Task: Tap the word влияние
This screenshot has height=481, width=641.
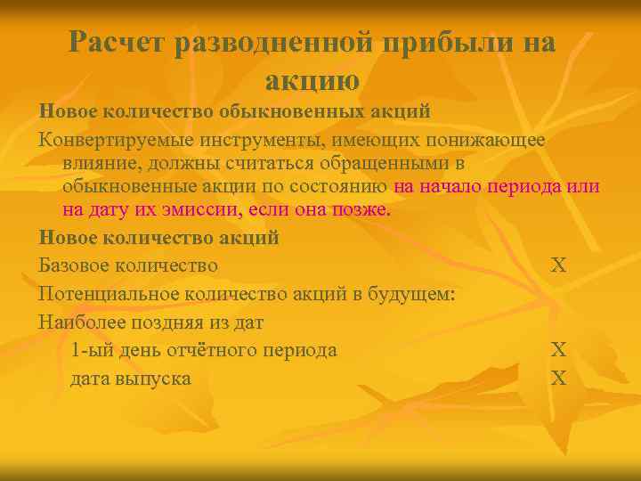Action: click(x=99, y=164)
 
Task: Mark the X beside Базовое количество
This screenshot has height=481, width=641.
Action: click(x=558, y=265)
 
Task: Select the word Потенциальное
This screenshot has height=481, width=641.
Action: click(x=108, y=293)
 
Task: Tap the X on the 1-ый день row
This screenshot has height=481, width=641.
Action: click(x=558, y=349)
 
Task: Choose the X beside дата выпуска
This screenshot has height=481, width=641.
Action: click(x=558, y=378)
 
